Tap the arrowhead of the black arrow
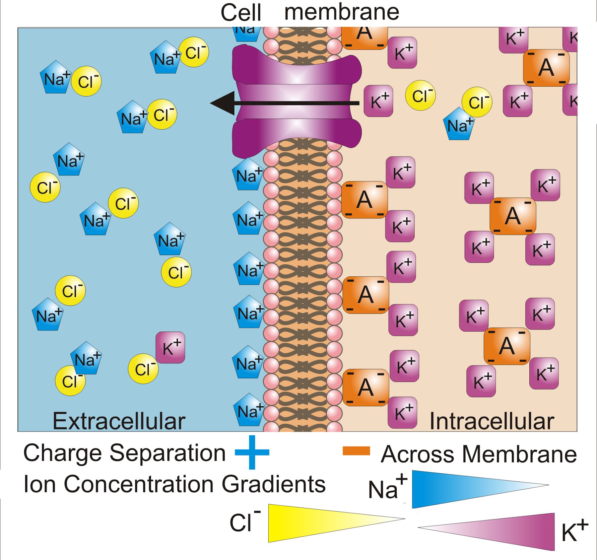(x=221, y=103)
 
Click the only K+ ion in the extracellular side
(x=170, y=347)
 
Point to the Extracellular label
(x=119, y=421)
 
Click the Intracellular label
(x=492, y=421)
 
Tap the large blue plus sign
(x=252, y=452)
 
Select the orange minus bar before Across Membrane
(x=356, y=451)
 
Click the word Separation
(x=167, y=453)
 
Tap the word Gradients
(x=274, y=484)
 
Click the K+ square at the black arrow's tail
(x=378, y=101)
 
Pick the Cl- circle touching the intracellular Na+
(x=477, y=102)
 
